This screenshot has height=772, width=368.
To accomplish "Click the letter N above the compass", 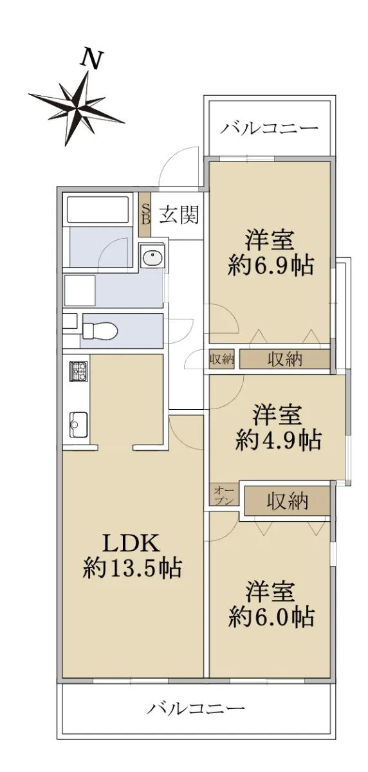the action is (91, 59).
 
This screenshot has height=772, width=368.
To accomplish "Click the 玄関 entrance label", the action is (179, 215).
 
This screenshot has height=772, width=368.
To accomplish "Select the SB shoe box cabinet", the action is (145, 214).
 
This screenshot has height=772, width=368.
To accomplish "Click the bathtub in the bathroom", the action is (100, 209).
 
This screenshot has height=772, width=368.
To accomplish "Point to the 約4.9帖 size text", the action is (279, 439).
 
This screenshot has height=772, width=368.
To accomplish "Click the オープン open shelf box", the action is (224, 495).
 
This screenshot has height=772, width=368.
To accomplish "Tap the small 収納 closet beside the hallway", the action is (222, 360).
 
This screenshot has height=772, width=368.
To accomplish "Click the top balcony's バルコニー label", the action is (269, 129).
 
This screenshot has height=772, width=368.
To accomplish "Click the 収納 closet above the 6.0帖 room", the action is (288, 501).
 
